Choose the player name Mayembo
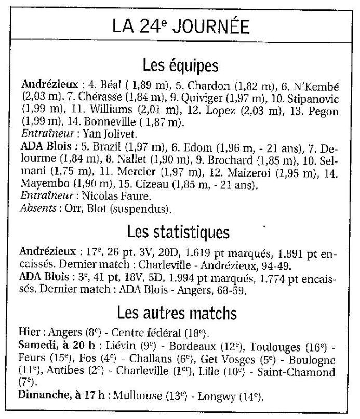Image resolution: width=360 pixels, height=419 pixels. [x=41, y=185]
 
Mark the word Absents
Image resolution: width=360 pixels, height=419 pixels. [x=38, y=209]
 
